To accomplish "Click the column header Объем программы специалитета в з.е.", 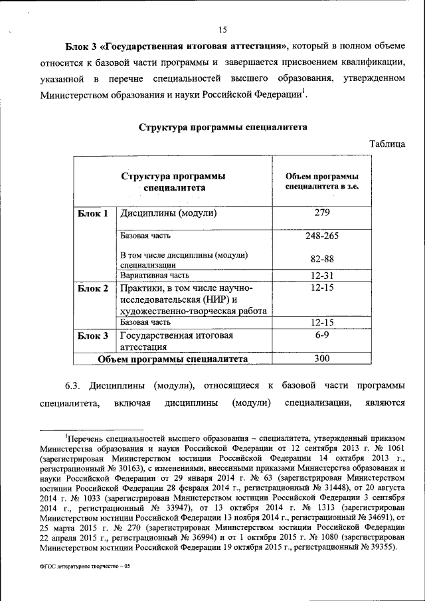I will (x=322, y=183).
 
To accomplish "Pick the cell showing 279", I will (x=322, y=213).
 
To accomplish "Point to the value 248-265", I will (x=322, y=236).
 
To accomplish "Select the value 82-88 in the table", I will (x=322, y=259).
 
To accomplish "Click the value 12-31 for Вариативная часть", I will (x=322, y=275).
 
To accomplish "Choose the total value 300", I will (x=322, y=359).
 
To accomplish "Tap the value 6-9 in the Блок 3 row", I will (x=322, y=336).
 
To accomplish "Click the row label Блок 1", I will (x=92, y=214).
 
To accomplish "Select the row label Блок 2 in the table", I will (x=92, y=288).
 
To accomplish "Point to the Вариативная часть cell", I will (x=155, y=275).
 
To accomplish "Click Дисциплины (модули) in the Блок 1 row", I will (x=169, y=214).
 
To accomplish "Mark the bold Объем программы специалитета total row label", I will (x=173, y=359).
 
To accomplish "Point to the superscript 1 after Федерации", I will (x=304, y=90).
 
